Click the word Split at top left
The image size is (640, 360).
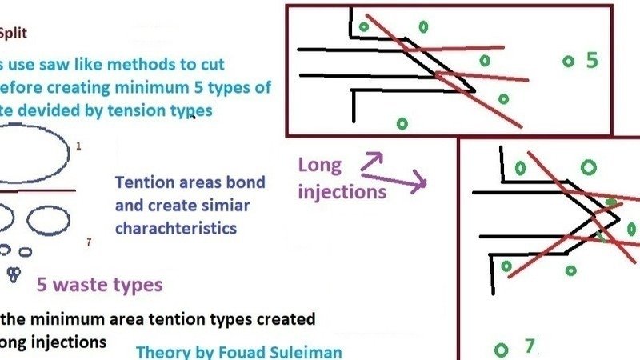14,34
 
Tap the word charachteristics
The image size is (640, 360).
176,228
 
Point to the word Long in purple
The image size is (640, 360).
319,166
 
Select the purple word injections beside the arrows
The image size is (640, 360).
342,191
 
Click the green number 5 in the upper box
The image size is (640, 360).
592,60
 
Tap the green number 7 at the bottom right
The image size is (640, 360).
529,346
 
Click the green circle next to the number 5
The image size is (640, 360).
569,61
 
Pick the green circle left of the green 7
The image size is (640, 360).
502,350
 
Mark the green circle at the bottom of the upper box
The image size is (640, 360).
402,123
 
